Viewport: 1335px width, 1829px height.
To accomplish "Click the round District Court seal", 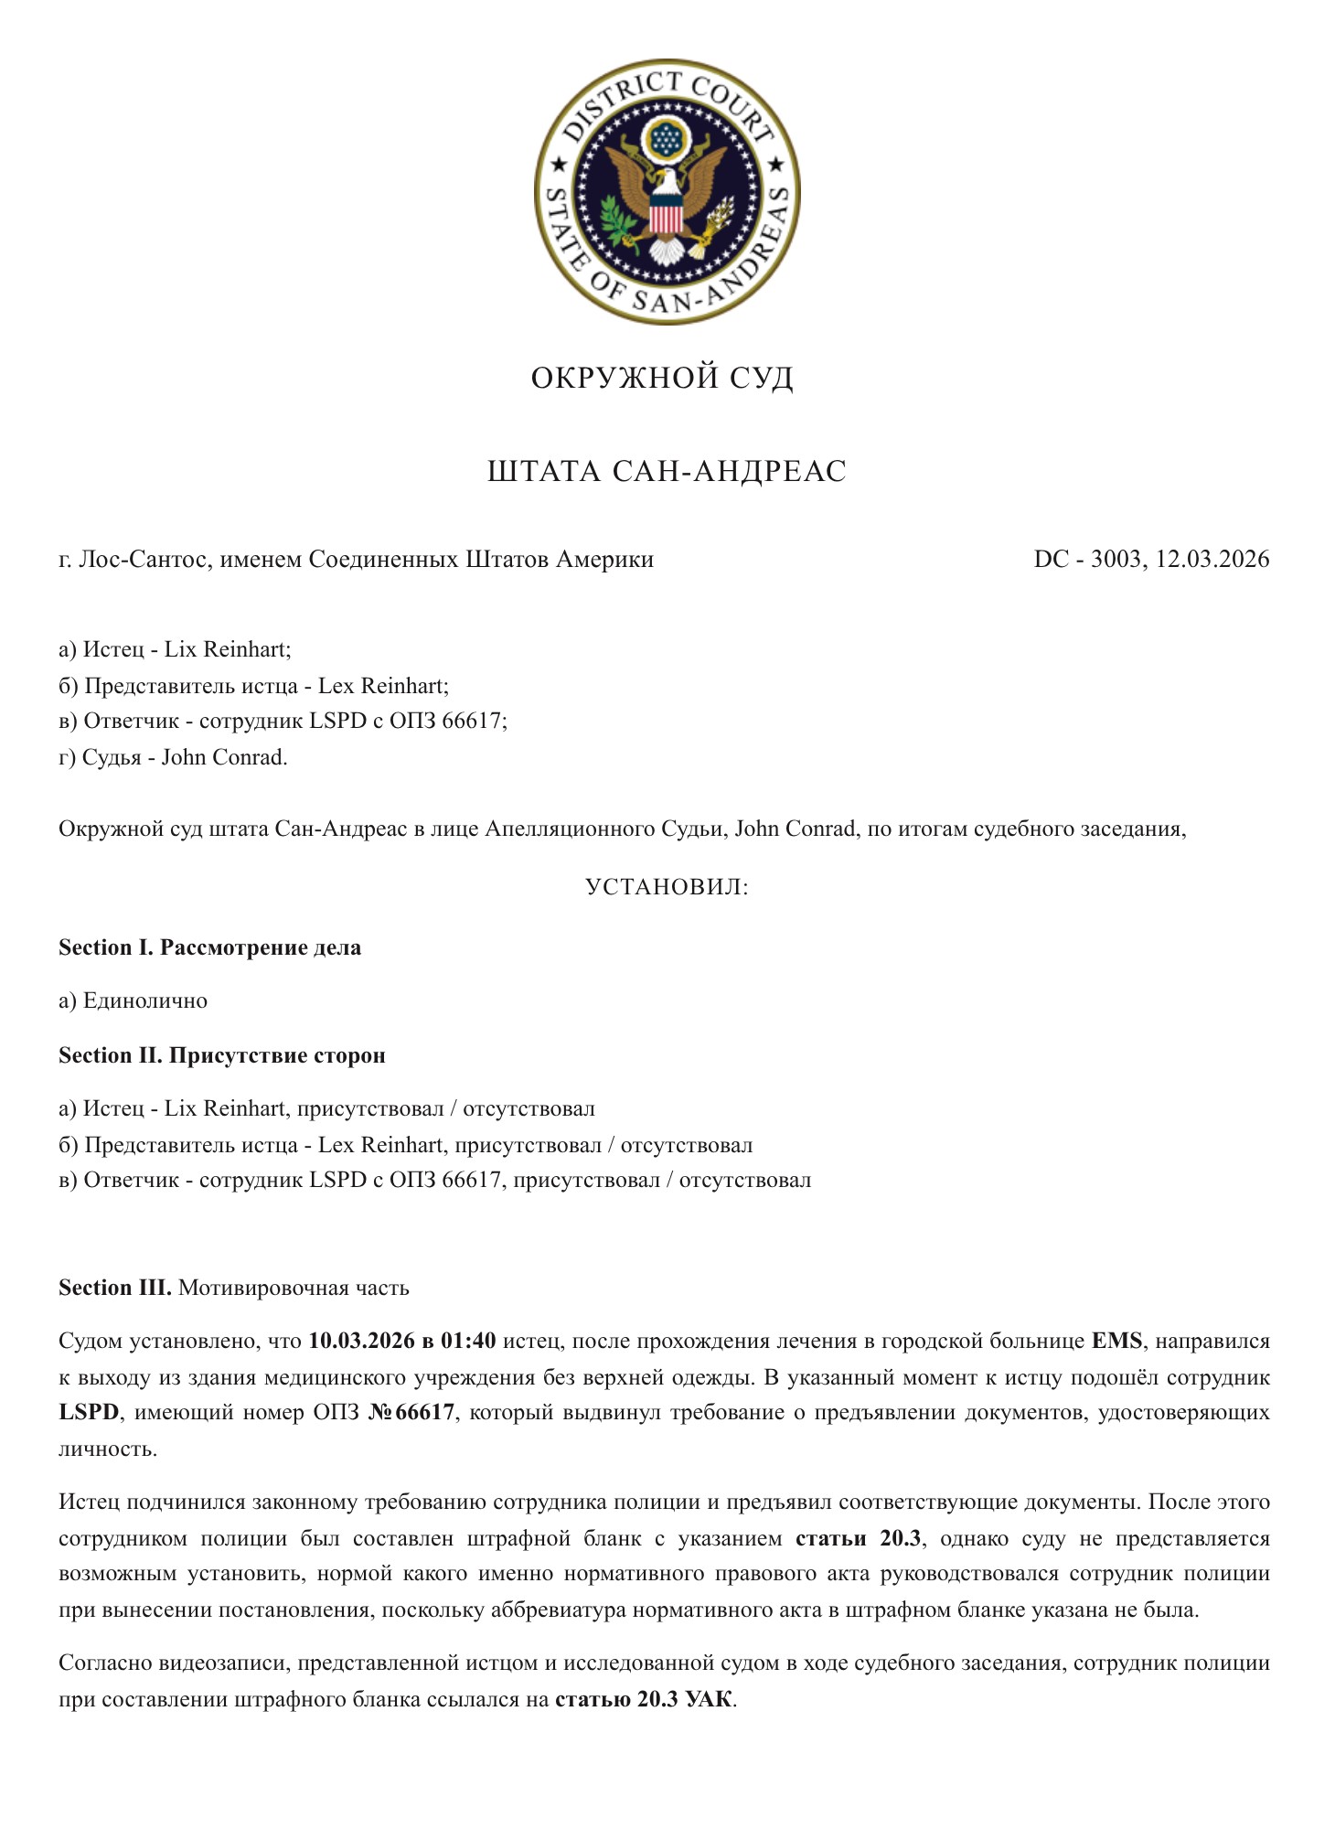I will point(667,192).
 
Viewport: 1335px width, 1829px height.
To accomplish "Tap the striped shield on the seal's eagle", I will point(666,218).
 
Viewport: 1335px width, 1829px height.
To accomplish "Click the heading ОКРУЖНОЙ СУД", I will point(662,378).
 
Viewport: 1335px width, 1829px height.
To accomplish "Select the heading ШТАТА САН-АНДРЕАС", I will point(667,472).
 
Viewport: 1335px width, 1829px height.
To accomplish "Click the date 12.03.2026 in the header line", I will point(1212,559).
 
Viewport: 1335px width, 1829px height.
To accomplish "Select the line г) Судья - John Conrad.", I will point(173,757).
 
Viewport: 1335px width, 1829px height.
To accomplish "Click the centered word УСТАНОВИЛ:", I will point(667,887).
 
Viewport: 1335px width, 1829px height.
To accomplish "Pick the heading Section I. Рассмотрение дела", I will point(209,947).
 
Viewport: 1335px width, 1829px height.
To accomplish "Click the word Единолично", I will point(145,1000).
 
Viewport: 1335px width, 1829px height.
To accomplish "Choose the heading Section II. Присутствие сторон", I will point(222,1055).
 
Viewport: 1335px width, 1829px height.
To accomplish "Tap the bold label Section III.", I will point(115,1288).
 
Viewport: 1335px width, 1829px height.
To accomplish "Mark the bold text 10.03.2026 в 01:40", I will point(402,1341).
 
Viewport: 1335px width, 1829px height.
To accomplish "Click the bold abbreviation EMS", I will point(1117,1341).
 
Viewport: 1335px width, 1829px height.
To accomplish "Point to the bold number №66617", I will point(411,1412).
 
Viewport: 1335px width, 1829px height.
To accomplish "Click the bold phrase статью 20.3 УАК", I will point(644,1700).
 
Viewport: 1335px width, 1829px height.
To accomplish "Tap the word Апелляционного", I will point(569,829).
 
